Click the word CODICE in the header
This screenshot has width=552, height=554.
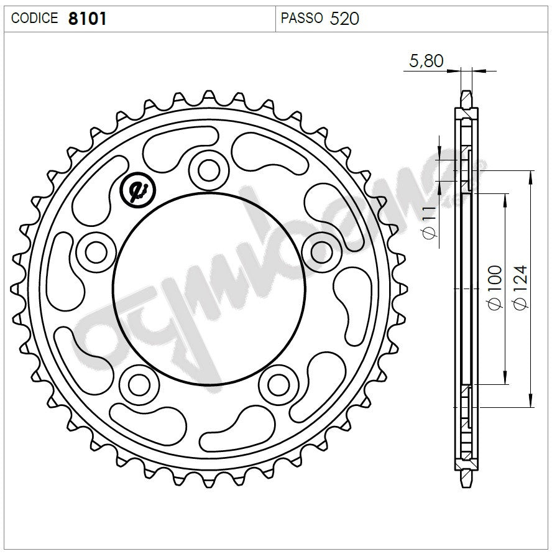[x=35, y=19]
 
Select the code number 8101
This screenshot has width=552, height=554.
[x=87, y=19]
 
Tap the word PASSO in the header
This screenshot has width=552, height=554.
[x=301, y=19]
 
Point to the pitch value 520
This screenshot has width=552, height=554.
[x=344, y=19]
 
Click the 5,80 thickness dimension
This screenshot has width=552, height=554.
[x=426, y=60]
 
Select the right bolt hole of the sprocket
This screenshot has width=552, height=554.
[x=321, y=252]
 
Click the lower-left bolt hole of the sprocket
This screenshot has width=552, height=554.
[x=138, y=385]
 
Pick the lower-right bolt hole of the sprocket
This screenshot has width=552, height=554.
[x=278, y=385]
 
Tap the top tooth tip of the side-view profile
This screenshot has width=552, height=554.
[x=466, y=93]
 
